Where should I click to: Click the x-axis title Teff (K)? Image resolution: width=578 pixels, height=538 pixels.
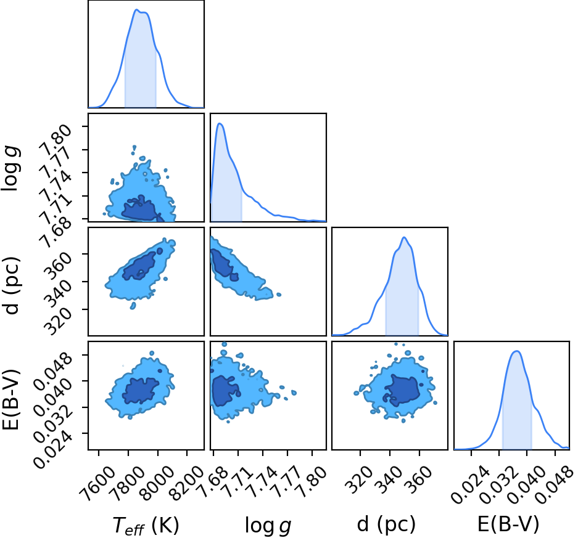pyautogui.click(x=146, y=526)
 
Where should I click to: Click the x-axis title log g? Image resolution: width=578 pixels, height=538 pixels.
pyautogui.click(x=268, y=526)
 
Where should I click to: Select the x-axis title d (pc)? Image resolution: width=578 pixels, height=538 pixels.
pyautogui.click(x=386, y=524)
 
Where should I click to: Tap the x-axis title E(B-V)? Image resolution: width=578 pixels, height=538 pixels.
pyautogui.click(x=508, y=524)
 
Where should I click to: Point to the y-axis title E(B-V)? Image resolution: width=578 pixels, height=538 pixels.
pyautogui.click(x=10, y=399)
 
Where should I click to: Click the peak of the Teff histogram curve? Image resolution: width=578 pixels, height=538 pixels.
pyautogui.click(x=136, y=10)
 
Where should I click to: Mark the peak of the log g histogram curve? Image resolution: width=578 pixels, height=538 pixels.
pyautogui.click(x=220, y=123)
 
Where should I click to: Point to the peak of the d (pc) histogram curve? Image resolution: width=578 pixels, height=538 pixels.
pyautogui.click(x=405, y=237)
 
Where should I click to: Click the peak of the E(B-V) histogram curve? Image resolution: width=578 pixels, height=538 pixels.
pyautogui.click(x=517, y=351)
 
